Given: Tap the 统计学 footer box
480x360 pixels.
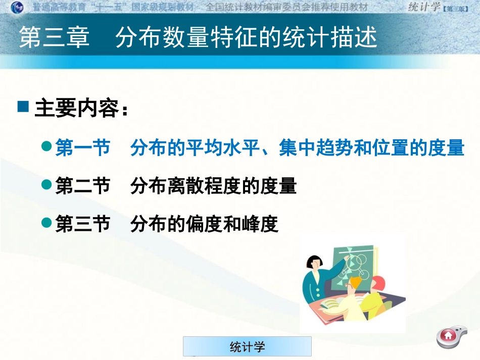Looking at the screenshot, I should (247, 346).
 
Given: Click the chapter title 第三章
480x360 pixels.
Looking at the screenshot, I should (55, 38).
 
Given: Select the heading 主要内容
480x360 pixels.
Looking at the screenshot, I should (76, 109).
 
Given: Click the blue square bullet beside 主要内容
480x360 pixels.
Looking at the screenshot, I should (23, 107).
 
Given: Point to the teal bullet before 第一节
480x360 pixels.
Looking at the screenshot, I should (46, 147).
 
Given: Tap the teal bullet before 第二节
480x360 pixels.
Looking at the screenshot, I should (46, 185).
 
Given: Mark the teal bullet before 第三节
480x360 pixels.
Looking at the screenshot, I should (46, 222).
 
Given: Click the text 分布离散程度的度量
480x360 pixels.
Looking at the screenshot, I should (213, 186).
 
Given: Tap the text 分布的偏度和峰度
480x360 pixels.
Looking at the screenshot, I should (204, 224).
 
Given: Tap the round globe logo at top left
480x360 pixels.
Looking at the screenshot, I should (17, 7).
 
